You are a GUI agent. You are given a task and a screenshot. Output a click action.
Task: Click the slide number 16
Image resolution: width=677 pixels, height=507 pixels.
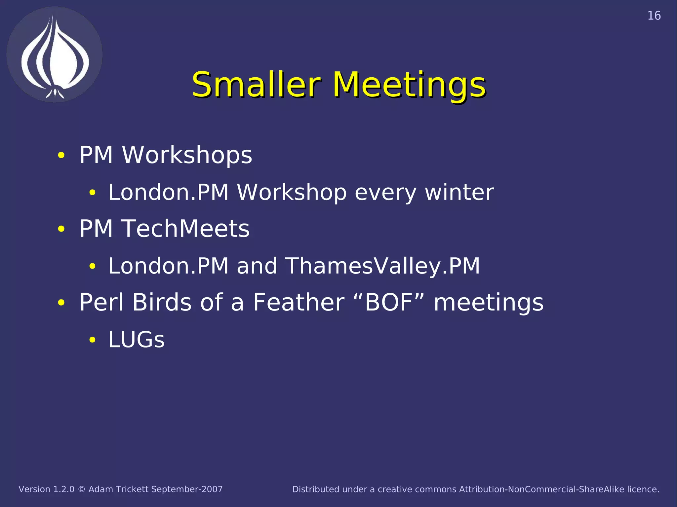click(654, 16)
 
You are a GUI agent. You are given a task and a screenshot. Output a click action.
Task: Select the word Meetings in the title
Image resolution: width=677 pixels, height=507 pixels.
click(409, 85)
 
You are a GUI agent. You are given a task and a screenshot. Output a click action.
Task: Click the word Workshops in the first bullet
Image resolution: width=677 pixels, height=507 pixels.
click(187, 155)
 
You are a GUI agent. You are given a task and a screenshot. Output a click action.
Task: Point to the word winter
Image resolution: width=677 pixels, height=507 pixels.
click(459, 192)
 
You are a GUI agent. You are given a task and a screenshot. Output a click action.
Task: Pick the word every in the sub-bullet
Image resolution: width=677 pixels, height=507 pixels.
click(385, 193)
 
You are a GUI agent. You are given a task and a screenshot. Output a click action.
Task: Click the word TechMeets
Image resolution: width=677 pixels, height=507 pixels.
click(186, 229)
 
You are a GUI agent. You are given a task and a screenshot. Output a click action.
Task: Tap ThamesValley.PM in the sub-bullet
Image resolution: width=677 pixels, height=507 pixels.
click(382, 266)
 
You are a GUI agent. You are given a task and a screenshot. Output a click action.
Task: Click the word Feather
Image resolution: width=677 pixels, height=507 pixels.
click(299, 302)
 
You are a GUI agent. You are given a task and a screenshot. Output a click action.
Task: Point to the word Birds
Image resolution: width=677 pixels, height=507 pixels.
click(162, 302)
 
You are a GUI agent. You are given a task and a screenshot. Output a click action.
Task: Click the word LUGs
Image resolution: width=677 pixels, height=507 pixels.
click(136, 340)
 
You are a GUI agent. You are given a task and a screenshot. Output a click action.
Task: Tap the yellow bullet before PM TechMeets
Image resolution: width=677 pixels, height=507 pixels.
click(61, 229)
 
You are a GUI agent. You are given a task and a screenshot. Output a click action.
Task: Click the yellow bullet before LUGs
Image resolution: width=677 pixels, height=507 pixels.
click(92, 340)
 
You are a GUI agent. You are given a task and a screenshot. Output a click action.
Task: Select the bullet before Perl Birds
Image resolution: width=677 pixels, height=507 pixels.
click(61, 303)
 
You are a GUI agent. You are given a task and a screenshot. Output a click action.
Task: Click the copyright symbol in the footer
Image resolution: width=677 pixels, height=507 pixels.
click(81, 489)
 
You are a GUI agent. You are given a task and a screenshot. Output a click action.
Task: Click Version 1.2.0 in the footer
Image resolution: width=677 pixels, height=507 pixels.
click(46, 489)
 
